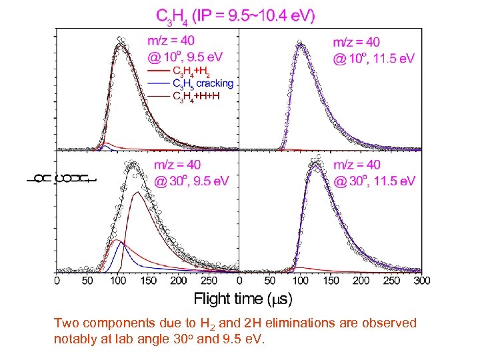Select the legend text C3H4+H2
(194, 71)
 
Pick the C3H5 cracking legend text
(203, 83)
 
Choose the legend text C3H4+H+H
(196, 96)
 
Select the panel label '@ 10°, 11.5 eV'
(374, 58)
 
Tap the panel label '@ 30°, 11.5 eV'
(374, 181)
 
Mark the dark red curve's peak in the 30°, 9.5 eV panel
(137, 192)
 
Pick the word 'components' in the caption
(110, 324)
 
